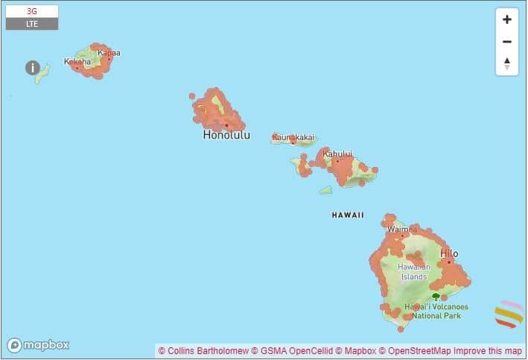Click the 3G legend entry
[31, 12]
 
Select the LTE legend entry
[31, 24]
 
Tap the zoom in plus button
[507, 20]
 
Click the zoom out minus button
[507, 42]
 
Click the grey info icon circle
[33, 68]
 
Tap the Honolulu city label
[226, 136]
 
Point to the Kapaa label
[109, 53]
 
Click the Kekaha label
[77, 62]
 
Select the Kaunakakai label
[293, 137]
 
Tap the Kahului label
[337, 154]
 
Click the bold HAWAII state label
[348, 215]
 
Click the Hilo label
[449, 253]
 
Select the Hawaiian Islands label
[413, 271]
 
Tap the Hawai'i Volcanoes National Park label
[436, 311]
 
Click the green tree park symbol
[436, 297]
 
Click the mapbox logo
[39, 345]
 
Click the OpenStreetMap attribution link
[415, 350]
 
